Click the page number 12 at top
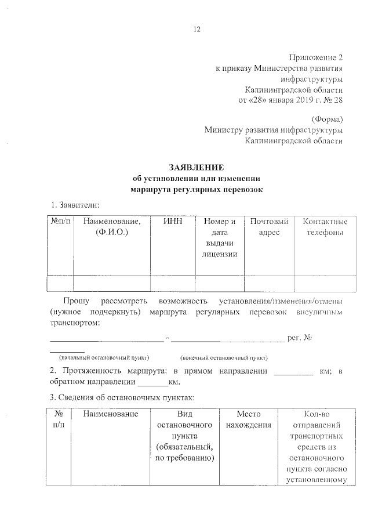click(197, 30)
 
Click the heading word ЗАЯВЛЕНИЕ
click(197, 168)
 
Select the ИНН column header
click(172, 222)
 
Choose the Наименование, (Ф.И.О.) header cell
click(112, 227)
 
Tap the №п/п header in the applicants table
click(60, 222)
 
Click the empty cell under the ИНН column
click(172, 282)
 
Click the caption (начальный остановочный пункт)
click(100, 357)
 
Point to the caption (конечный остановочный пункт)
click(224, 357)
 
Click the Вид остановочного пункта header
click(184, 436)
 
